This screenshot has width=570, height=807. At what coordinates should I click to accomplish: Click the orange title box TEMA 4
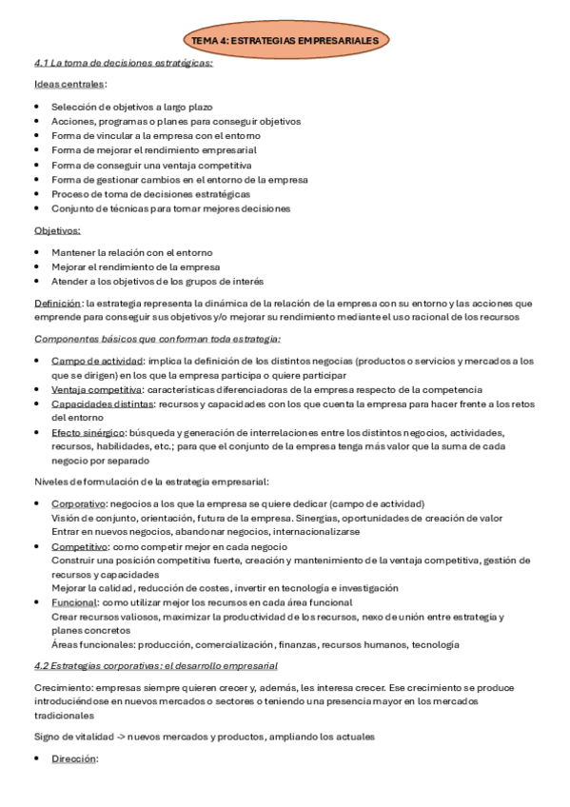pos(284,41)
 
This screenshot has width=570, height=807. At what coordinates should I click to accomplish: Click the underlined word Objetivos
pos(57,231)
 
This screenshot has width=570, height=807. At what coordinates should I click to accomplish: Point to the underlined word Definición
pos(58,304)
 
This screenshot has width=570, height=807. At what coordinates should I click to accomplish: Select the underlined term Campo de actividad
pos(96,362)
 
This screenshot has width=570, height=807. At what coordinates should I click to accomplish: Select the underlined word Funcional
pos(74,602)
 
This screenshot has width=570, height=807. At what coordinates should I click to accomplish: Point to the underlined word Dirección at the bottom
pos(74,759)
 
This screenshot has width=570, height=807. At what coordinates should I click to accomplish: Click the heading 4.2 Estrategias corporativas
pos(155,666)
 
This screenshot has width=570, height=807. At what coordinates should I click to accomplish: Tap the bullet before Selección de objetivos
pos(37,108)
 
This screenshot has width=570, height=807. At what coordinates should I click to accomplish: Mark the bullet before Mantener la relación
pos(37,252)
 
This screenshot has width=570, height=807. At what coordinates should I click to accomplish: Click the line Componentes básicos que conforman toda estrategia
pos(156,339)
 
